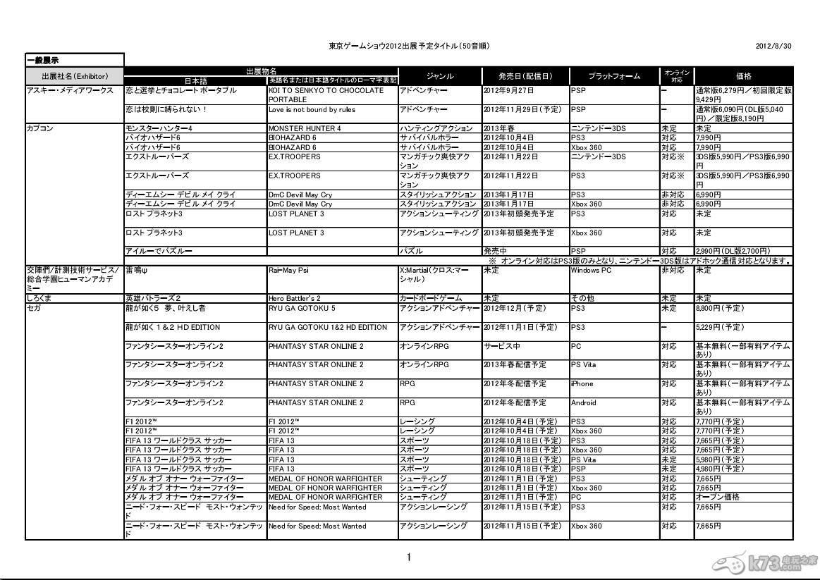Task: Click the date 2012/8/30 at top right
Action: (774, 46)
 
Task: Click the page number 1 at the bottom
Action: (409, 557)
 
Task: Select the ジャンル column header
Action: (440, 75)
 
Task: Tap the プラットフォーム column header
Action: (614, 75)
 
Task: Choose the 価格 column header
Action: (743, 75)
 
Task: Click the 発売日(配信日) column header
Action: (525, 75)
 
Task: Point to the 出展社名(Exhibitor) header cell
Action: (74, 75)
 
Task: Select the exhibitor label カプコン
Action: (38, 128)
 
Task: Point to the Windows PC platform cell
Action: (591, 270)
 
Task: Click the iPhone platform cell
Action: (582, 384)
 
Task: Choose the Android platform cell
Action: (584, 403)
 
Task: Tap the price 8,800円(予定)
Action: (720, 308)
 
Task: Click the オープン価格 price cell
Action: (718, 497)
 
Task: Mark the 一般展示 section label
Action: (43, 59)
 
